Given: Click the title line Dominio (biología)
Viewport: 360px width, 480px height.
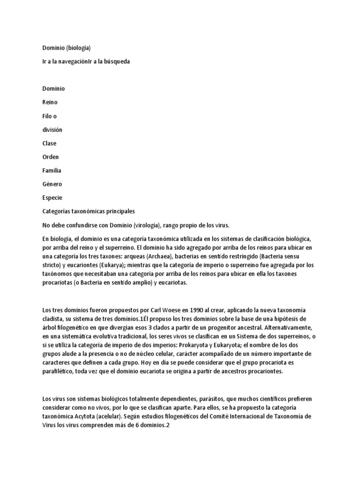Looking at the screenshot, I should [66, 48].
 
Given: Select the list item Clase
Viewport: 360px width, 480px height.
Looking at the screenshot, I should [50, 143].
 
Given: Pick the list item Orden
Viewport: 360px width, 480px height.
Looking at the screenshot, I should [51, 157].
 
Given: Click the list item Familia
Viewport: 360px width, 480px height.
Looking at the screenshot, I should [52, 170].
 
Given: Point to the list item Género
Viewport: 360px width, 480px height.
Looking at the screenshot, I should [52, 184].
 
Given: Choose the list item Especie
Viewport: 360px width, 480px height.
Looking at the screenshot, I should [52, 197].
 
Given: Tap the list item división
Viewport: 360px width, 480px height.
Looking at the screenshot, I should [52, 129].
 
